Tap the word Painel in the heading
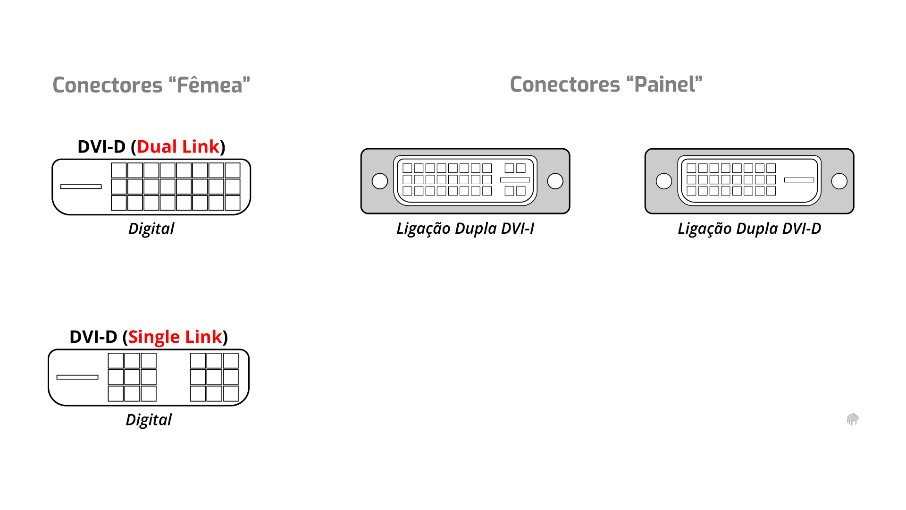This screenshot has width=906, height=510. (664, 85)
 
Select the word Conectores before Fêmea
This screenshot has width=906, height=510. (108, 85)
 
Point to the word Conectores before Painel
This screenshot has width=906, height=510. (565, 85)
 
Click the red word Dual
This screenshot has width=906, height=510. (157, 147)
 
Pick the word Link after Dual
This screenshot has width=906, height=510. (201, 147)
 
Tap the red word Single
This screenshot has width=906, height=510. (154, 337)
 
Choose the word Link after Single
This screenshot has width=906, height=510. (203, 337)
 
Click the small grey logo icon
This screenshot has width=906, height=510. (853, 419)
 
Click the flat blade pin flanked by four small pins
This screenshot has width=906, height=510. (515, 180)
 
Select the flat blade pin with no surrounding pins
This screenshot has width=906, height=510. (799, 180)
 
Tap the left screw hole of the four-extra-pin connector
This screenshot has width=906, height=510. (380, 181)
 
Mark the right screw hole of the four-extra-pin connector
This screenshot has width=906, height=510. (555, 181)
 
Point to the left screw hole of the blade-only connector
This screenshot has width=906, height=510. (664, 181)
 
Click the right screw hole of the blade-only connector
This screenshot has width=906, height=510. (839, 181)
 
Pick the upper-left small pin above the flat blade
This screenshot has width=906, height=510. (509, 168)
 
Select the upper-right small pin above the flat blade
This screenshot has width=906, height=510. (520, 168)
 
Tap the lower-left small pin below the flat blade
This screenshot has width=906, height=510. (509, 191)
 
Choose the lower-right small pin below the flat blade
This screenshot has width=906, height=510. (520, 191)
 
